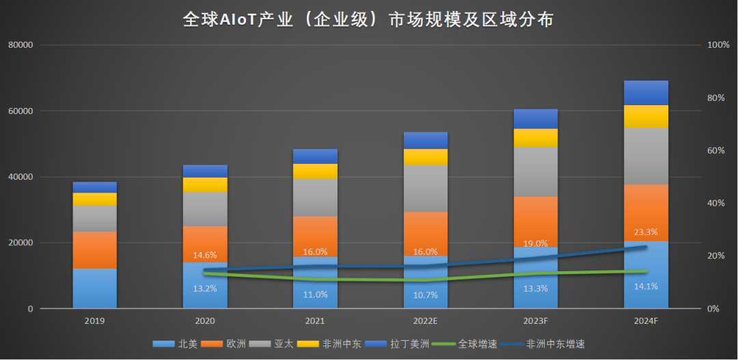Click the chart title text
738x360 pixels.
(368, 19)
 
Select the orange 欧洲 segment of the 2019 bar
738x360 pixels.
(95, 250)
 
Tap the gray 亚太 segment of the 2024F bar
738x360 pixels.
(646, 156)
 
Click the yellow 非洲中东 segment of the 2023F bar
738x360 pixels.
(535, 138)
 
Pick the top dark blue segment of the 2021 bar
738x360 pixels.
(315, 156)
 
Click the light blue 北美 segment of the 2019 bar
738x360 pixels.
(95, 288)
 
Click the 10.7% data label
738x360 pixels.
(425, 294)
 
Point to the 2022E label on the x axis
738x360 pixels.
(425, 320)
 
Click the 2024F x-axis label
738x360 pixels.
(646, 320)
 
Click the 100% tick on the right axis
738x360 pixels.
(718, 45)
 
